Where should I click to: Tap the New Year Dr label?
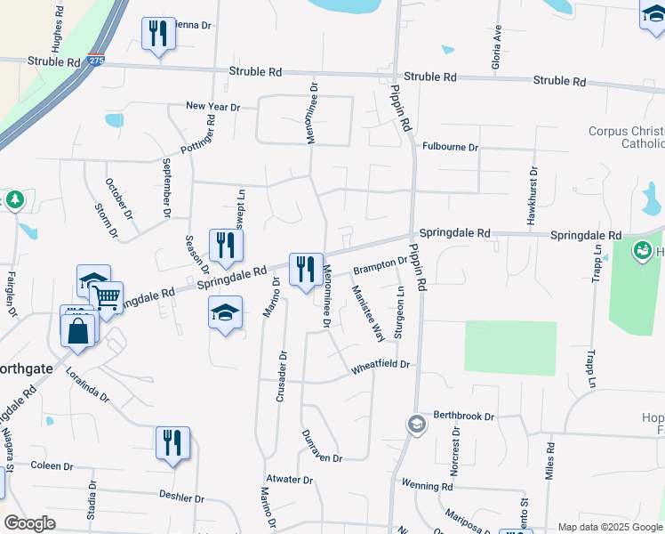pyautogui.click(x=213, y=107)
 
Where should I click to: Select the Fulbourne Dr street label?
pyautogui.click(x=451, y=147)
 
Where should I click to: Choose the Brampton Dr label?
pyautogui.click(x=380, y=265)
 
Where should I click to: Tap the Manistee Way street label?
pyautogui.click(x=366, y=313)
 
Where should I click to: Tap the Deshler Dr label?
pyautogui.click(x=182, y=498)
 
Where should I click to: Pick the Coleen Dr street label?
pyautogui.click(x=52, y=465)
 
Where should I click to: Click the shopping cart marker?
pyautogui.click(x=107, y=296)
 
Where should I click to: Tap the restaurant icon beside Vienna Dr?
pyautogui.click(x=158, y=34)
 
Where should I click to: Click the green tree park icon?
pyautogui.click(x=14, y=199)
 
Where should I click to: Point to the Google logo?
pyautogui.click(x=29, y=523)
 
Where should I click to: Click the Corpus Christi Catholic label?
pyautogui.click(x=626, y=137)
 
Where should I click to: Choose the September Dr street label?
pyautogui.click(x=166, y=189)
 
